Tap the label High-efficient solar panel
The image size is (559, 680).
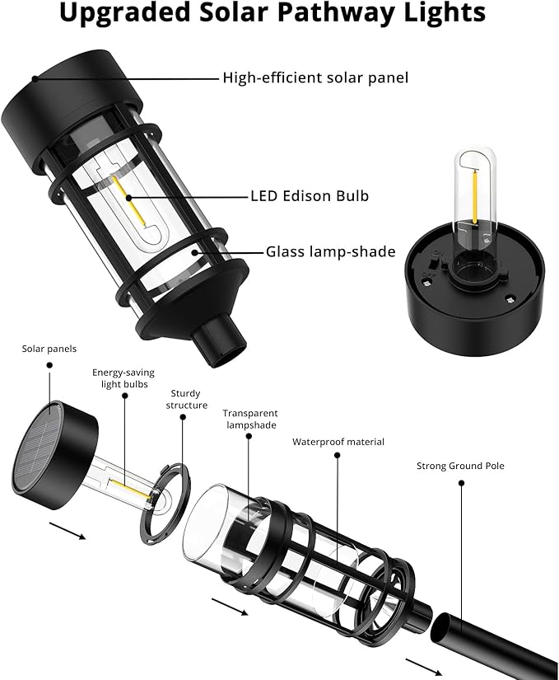click(315, 78)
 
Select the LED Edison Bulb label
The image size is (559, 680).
click(309, 196)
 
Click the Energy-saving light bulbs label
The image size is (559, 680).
click(123, 379)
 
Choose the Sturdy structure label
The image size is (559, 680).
click(185, 400)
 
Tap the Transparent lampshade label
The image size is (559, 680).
click(250, 419)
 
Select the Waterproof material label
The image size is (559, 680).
click(338, 442)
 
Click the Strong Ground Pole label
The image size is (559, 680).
click(460, 466)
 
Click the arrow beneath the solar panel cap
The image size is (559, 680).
click(68, 529)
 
